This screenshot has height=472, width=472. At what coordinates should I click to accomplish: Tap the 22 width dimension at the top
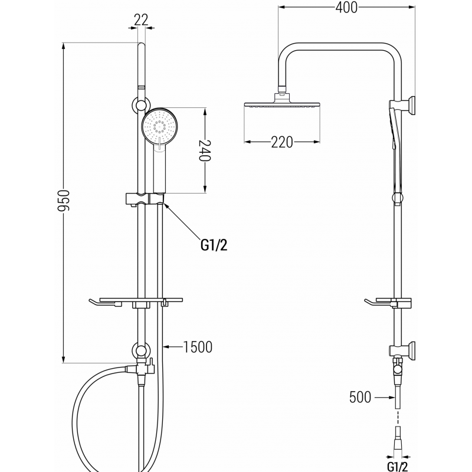[x=140, y=19]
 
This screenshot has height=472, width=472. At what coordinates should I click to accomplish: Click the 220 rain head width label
[x=283, y=142]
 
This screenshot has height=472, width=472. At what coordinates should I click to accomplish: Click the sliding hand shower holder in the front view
[x=145, y=198]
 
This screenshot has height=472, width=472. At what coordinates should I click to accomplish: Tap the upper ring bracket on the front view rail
[x=140, y=106]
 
